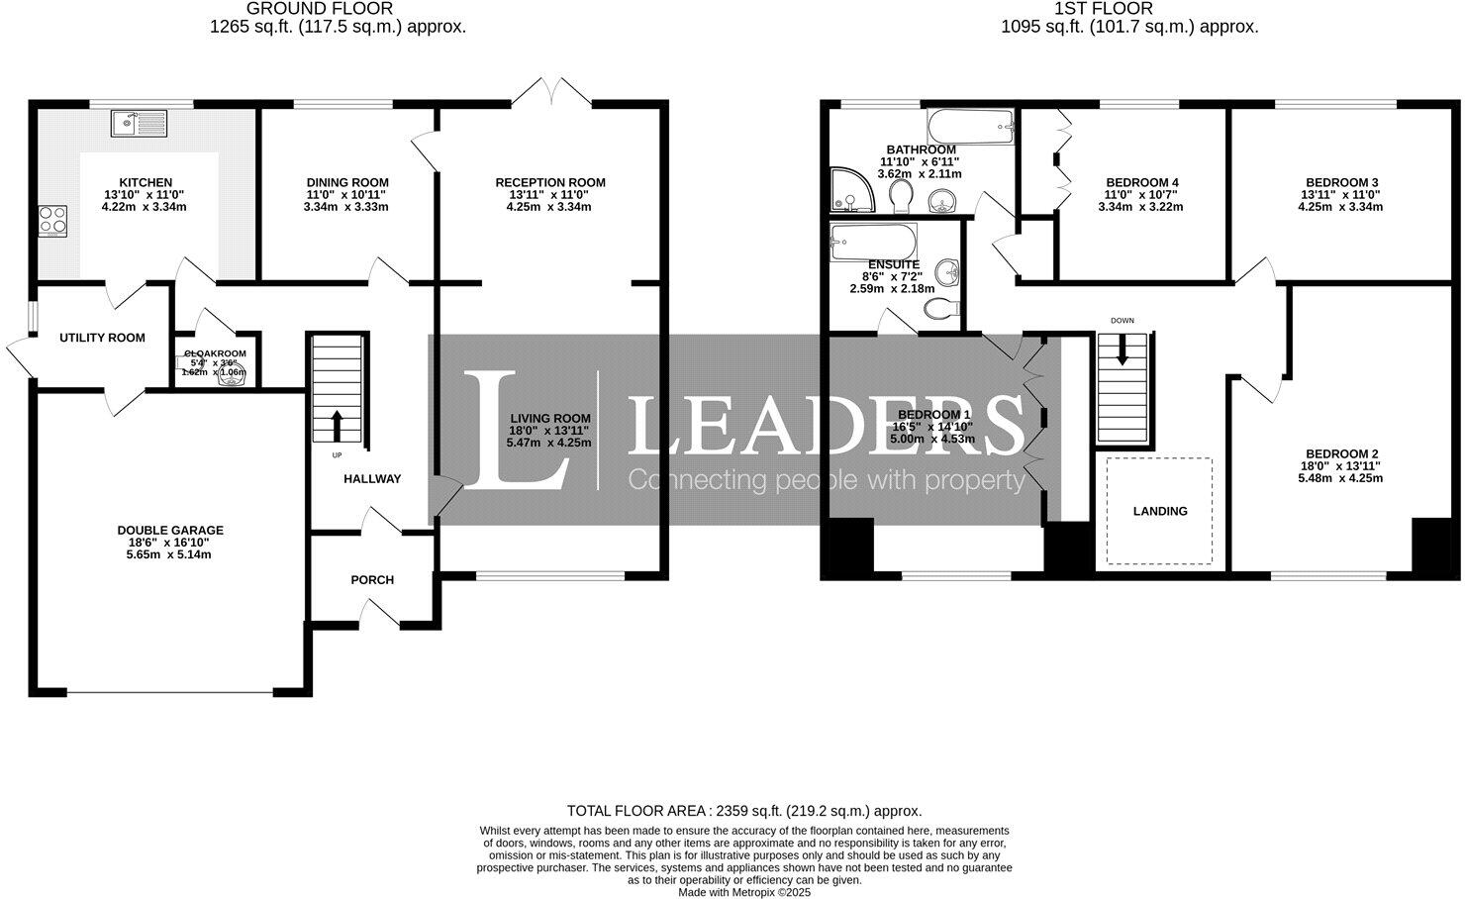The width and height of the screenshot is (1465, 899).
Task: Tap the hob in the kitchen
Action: [x=52, y=220]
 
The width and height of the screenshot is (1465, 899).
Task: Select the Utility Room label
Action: [x=102, y=338]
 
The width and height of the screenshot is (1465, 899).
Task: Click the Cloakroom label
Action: [x=215, y=353]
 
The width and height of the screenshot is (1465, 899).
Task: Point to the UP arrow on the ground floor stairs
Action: [x=337, y=426]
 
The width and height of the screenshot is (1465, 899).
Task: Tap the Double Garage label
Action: [x=170, y=530]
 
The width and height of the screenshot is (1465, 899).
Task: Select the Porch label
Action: [x=372, y=579]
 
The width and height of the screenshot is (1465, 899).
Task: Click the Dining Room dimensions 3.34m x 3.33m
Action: [x=346, y=207]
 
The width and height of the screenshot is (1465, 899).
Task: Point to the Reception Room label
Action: [x=550, y=182]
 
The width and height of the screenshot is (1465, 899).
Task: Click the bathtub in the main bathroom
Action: [x=971, y=128]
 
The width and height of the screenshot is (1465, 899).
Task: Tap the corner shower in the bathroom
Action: [x=853, y=190]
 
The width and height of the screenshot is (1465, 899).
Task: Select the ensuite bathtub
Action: [x=874, y=241]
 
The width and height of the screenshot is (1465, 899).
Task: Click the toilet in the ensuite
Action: [x=941, y=310]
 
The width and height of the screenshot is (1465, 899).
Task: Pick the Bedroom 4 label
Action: [x=1141, y=182]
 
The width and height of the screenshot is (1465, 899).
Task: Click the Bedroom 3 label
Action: [x=1341, y=182]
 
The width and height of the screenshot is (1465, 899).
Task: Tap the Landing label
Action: [x=1160, y=511]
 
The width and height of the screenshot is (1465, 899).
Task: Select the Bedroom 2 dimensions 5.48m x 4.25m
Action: [x=1340, y=478]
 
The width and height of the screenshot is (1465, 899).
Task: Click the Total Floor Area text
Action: [x=743, y=810]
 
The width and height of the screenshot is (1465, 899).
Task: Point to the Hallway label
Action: [x=372, y=479]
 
